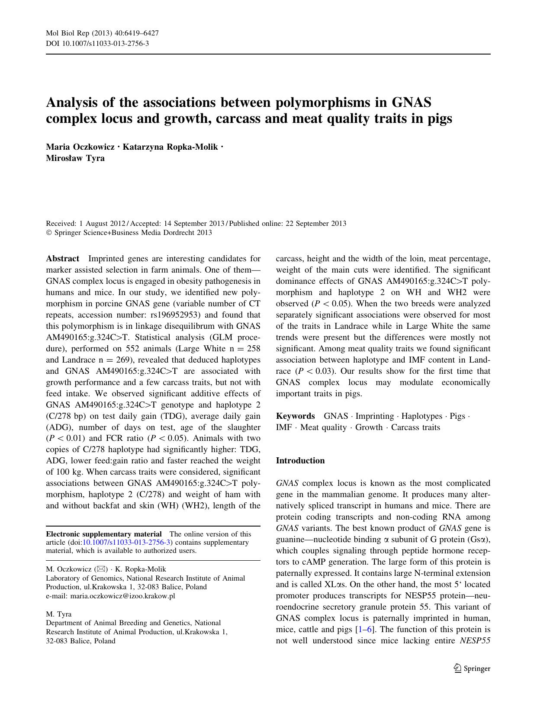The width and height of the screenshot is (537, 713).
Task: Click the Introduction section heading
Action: coord(300,461)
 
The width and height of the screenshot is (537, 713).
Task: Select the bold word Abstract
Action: coord(63,259)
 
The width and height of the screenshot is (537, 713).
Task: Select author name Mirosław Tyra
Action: coord(75,158)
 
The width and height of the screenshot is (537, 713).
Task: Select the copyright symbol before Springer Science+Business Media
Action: coord(49,233)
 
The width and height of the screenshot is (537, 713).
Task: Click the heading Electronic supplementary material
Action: coord(104,534)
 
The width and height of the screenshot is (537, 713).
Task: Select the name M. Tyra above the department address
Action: coord(59,614)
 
